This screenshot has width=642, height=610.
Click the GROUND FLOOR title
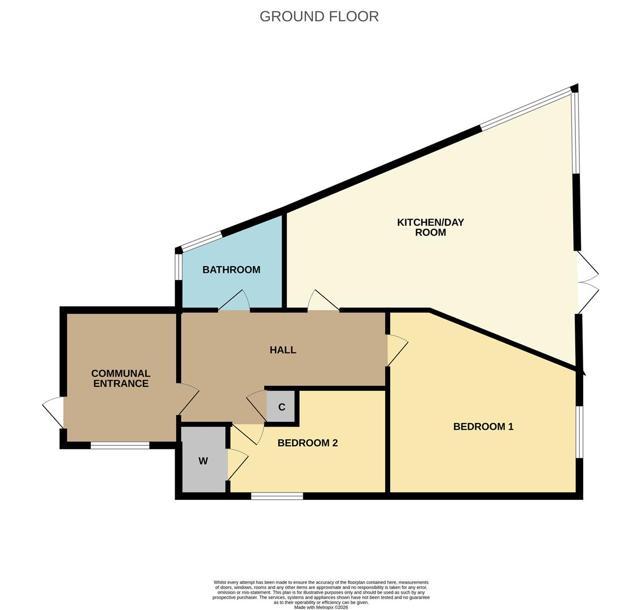(x=319, y=16)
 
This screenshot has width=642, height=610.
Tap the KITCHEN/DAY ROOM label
(x=430, y=227)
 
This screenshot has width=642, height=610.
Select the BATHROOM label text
(x=231, y=270)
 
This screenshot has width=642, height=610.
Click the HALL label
(x=283, y=350)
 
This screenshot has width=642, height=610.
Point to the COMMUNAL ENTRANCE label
(x=121, y=378)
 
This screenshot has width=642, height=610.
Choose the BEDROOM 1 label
(x=483, y=427)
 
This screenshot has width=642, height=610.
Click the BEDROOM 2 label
(x=307, y=443)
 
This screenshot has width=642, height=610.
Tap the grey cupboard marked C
(x=281, y=407)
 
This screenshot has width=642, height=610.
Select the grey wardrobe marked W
(x=203, y=461)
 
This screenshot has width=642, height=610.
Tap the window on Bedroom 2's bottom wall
(x=277, y=496)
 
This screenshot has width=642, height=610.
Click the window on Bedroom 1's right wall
(x=579, y=432)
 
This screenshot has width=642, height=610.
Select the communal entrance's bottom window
(x=120, y=446)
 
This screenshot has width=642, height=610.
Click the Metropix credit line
(x=321, y=607)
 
